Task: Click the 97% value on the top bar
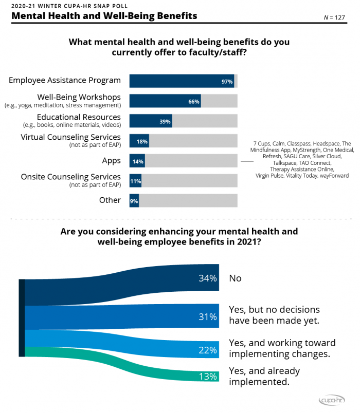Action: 227,82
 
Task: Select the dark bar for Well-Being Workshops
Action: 165,101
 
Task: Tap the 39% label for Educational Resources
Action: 165,121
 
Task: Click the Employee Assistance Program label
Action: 65,80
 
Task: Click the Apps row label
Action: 111,161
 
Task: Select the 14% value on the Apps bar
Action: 138,161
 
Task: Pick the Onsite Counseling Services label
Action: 70,177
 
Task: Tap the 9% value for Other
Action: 134,201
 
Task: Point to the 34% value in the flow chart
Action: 208,278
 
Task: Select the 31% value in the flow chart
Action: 208,317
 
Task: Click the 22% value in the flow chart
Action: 208,350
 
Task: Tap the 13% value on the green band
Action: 208,376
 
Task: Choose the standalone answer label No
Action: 235,278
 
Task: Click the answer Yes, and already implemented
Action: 264,376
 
